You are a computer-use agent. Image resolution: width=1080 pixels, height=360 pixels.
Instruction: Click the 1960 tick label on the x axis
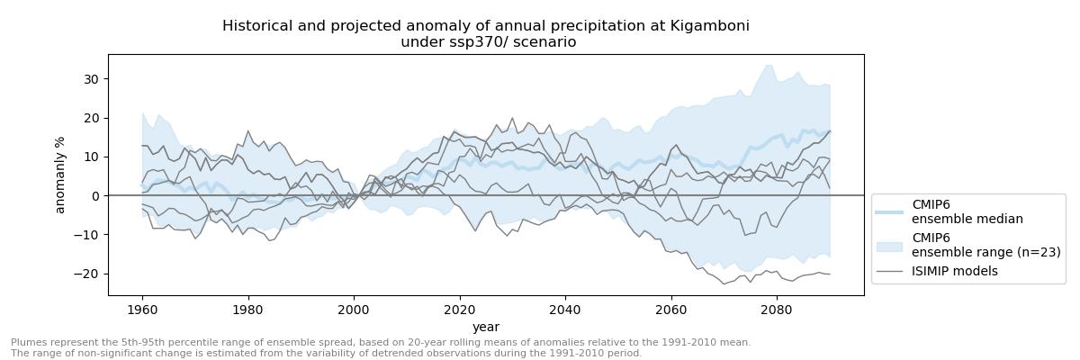142,310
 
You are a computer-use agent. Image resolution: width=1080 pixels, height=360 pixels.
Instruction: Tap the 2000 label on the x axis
354,310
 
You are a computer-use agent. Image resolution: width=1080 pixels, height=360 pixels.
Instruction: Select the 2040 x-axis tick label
565,310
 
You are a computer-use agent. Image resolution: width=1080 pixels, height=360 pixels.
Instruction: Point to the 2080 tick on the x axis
777,310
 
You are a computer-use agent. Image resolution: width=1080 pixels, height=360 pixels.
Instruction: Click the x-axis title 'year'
486,327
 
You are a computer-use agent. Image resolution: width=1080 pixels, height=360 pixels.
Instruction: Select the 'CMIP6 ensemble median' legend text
967,211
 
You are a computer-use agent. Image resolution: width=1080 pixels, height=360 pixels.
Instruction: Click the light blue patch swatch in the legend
889,245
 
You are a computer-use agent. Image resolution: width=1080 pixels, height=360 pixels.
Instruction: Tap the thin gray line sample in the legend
889,271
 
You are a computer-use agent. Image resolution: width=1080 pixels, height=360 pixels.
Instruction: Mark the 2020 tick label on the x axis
460,310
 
